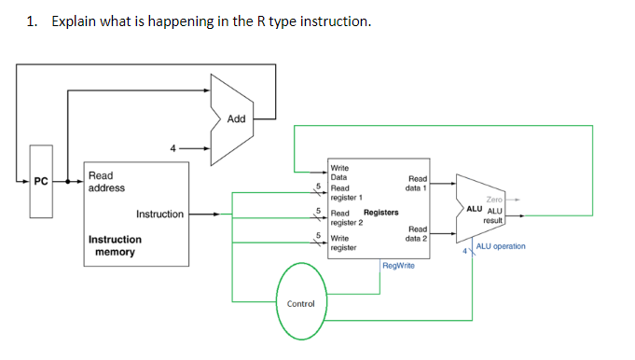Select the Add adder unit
(x=236, y=118)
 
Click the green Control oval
(x=300, y=303)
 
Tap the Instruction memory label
(x=115, y=245)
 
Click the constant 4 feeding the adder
(x=172, y=146)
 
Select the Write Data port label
(x=340, y=172)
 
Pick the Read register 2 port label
(x=346, y=217)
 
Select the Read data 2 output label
(x=417, y=233)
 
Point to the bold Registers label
(x=380, y=213)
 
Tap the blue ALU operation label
(x=501, y=246)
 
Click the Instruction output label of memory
(x=159, y=215)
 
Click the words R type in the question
(x=267, y=21)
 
